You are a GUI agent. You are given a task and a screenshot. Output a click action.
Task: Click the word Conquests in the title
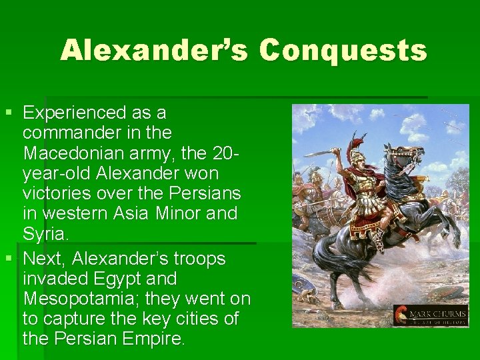point(343,50)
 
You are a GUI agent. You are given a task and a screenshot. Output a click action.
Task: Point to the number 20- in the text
point(223,154)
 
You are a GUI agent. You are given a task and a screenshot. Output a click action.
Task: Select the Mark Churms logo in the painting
point(429,315)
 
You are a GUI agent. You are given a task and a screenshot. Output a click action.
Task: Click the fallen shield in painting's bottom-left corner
point(305,295)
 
